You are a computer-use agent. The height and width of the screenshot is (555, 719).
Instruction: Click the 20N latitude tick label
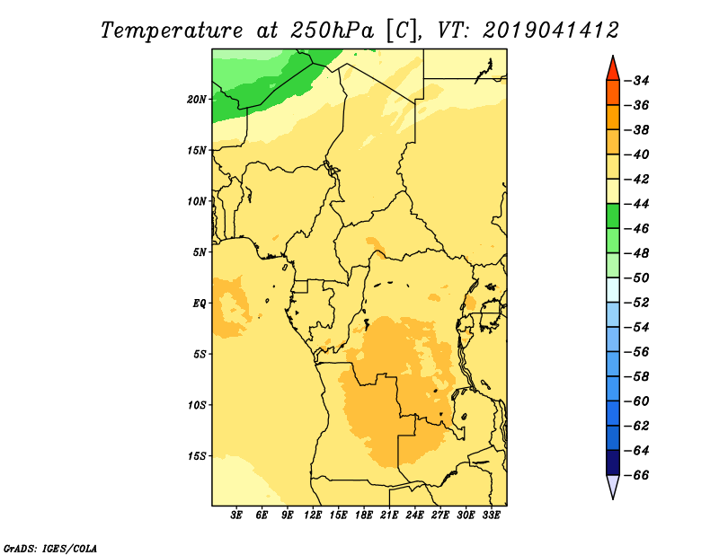(x=197, y=100)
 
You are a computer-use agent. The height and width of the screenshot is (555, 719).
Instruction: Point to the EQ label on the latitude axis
(x=200, y=304)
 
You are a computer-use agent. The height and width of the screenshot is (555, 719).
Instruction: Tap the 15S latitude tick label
(x=197, y=456)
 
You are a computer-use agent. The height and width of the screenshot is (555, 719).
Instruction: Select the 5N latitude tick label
(x=200, y=252)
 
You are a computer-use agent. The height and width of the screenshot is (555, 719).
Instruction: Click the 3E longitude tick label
(x=236, y=515)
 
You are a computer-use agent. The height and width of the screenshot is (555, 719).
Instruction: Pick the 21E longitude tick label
(x=389, y=515)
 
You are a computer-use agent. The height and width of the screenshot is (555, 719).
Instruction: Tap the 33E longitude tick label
(x=491, y=515)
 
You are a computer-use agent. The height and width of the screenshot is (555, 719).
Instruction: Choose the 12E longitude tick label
(x=313, y=515)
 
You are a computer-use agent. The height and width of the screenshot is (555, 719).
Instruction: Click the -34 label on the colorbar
(x=638, y=81)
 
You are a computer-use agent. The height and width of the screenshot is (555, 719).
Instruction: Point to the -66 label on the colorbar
(x=638, y=475)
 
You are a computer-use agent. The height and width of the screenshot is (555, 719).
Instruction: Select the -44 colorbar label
(x=638, y=204)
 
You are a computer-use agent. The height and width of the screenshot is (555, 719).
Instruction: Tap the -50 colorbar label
(x=638, y=277)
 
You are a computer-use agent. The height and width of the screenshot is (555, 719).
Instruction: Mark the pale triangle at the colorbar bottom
(x=613, y=485)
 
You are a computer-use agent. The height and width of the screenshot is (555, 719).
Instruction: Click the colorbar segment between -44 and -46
(x=613, y=216)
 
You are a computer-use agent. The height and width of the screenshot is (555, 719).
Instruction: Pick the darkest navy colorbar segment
(x=613, y=462)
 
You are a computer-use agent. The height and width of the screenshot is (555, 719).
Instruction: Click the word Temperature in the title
(x=172, y=31)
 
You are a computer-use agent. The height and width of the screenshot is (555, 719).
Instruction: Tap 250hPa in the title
(x=332, y=31)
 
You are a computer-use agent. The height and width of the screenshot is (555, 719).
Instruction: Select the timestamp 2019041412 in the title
(x=551, y=31)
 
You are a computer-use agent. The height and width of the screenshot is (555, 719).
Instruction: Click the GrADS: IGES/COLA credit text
(x=50, y=548)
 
